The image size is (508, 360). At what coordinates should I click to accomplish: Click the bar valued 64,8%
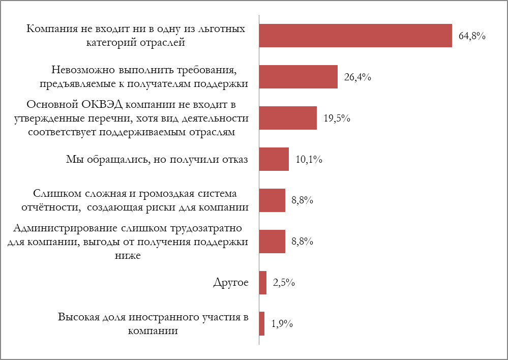(355, 36)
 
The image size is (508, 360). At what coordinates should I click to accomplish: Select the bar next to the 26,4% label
(298, 77)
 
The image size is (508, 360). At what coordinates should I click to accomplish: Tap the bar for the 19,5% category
(288, 118)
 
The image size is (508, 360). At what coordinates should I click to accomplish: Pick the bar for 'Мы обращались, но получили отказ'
(274, 159)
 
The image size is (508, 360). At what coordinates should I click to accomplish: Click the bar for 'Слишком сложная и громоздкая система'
(272, 200)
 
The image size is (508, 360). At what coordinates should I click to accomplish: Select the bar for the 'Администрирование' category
(272, 241)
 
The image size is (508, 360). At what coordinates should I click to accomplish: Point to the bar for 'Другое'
(263, 282)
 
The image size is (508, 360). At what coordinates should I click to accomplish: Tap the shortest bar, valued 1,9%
(262, 323)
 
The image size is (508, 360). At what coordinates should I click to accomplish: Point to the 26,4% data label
(358, 77)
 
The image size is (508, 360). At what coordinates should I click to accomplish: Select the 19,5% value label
(337, 118)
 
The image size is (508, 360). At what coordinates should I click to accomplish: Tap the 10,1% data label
(309, 160)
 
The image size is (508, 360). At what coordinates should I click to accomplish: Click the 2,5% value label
(284, 283)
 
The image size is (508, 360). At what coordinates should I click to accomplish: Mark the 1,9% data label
(281, 324)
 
